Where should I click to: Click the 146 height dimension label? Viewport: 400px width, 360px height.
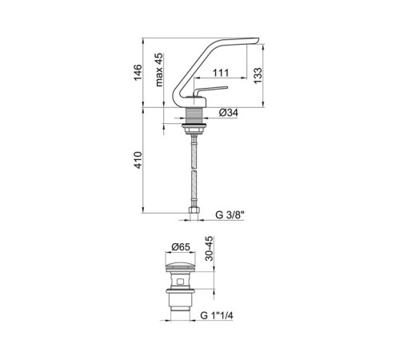[138, 72]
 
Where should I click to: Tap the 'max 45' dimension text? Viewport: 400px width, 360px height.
[159, 70]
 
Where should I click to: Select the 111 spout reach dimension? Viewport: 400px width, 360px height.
[221, 73]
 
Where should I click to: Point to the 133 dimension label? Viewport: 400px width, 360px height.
[258, 75]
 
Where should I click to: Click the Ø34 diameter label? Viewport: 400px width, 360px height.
[229, 113]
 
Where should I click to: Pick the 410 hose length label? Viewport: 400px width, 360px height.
[138, 160]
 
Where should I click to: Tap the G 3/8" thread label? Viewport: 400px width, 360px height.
[230, 215]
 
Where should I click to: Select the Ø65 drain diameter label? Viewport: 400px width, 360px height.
[181, 247]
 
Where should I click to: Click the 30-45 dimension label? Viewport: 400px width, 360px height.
[210, 249]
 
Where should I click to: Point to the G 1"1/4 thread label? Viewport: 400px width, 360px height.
[217, 316]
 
